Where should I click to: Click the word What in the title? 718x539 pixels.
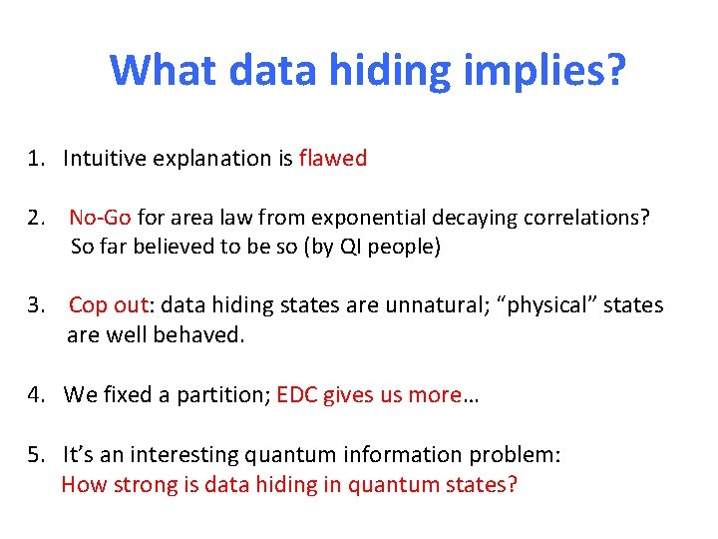tap(164, 71)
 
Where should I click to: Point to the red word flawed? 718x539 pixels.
tap(332, 158)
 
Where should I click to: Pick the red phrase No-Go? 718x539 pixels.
tap(100, 218)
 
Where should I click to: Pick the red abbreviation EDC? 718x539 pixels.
tap(297, 394)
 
